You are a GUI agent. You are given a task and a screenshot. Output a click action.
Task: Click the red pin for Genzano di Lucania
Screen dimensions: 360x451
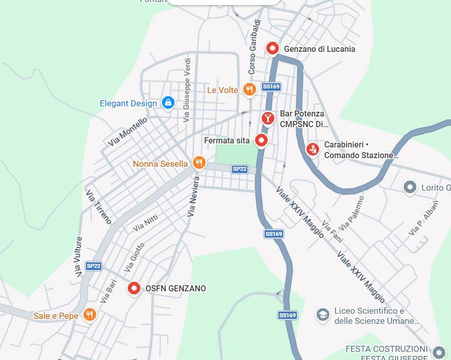273,48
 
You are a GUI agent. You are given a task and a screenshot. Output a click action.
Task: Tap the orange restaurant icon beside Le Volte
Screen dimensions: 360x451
249,90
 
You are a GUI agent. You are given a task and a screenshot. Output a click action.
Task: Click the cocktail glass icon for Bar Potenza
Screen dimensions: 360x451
268,118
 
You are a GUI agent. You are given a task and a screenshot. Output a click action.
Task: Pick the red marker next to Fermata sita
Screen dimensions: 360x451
262,140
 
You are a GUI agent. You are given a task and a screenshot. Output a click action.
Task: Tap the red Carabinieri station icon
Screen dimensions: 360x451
313,149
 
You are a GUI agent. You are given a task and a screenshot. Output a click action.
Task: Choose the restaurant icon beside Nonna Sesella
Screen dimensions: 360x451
199,163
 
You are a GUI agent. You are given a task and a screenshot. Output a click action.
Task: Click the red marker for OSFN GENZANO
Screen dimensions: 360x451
134,288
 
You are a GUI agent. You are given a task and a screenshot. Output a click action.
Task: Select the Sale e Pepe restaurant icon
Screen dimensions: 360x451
90,315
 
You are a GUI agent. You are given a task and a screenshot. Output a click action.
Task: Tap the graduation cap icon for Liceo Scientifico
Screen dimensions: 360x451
322,315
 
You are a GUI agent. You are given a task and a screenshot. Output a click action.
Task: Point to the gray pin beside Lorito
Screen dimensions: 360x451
410,188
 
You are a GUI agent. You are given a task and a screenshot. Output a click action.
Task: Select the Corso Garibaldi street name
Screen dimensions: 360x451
255,47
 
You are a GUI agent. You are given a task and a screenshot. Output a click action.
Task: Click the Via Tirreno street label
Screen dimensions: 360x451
99,207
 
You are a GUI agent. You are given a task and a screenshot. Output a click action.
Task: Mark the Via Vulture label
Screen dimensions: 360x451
78,257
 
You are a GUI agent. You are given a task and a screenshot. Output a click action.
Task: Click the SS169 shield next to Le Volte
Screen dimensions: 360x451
271,87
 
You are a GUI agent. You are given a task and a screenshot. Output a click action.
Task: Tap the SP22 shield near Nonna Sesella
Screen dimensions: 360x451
240,169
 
